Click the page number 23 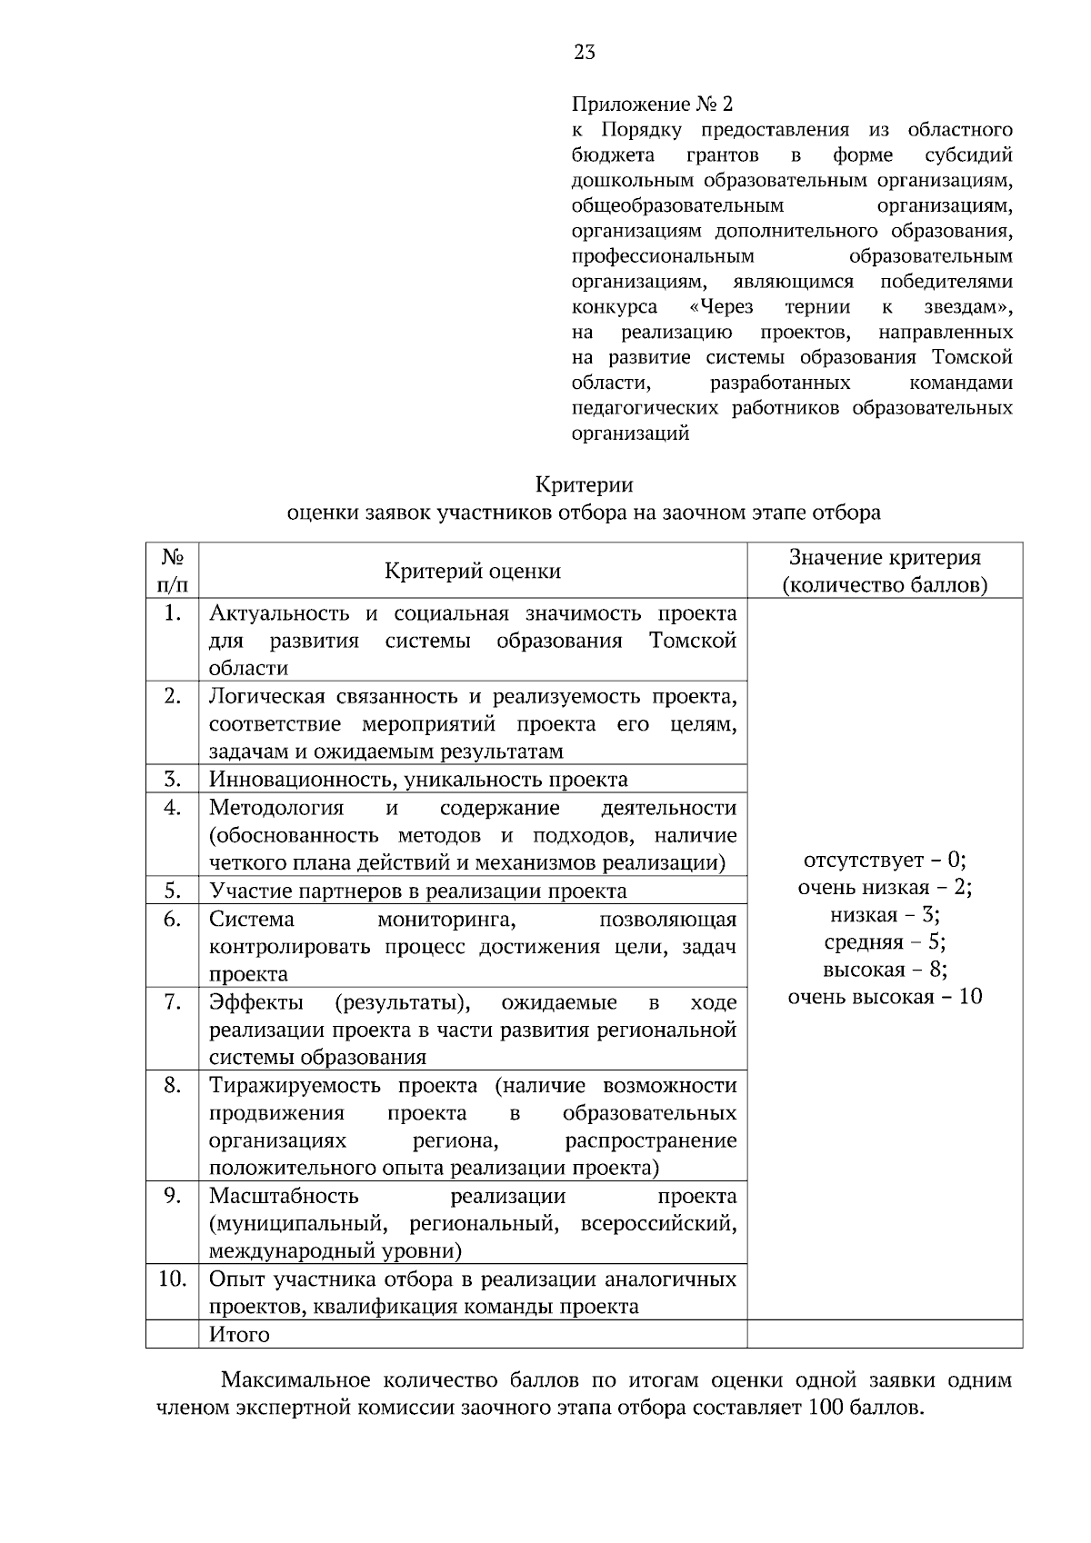pos(585,53)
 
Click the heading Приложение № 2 pos(652,104)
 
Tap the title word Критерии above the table pos(584,484)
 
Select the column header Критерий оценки pos(473,572)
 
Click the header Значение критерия pos(885,558)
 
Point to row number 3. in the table pos(173,780)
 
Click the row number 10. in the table pos(173,1279)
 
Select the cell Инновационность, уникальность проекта pos(418,780)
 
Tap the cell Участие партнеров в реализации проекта pos(418,891)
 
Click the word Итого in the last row pos(239,1335)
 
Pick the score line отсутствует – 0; pos(885,860)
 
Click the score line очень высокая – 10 pos(885,997)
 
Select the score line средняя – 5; pos(885,942)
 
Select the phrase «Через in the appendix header pos(721,307)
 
